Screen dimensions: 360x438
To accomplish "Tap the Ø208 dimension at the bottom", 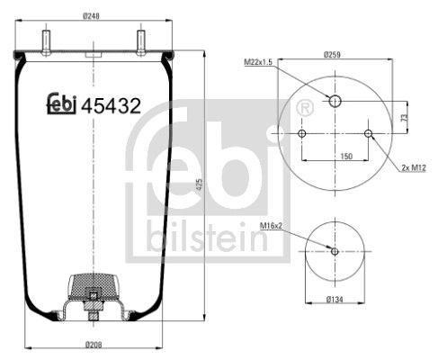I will click(94, 345).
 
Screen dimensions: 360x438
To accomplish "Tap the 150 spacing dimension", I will click(335, 155).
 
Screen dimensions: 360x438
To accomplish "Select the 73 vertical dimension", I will click(404, 116).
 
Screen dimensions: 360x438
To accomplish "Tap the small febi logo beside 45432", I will click(61, 104).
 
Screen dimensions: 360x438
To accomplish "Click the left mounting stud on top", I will click(44, 42).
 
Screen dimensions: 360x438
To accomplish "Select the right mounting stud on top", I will click(142, 42).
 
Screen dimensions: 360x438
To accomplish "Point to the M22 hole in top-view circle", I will click(335, 100).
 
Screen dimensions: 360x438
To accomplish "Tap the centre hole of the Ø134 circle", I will click(335, 251).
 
